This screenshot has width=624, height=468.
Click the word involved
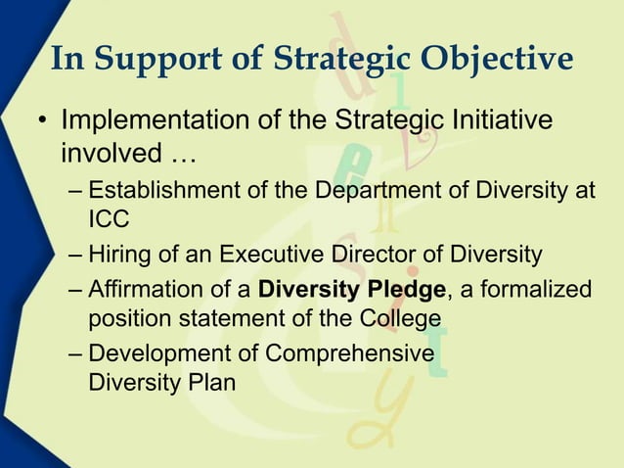pos(104,154)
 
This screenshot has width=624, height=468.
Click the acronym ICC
pos(108,220)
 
